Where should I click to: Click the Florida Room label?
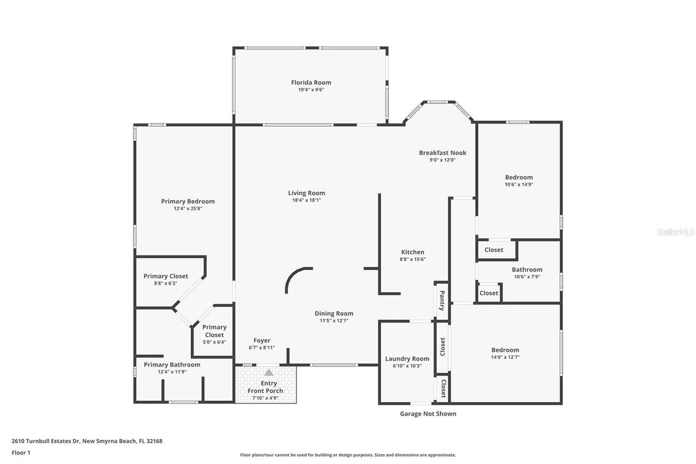pos(311,83)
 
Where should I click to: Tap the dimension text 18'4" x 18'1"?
pos(307,200)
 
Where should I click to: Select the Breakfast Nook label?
pos(443,153)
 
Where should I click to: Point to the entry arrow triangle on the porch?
pos(269,373)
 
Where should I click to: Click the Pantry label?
pos(442,300)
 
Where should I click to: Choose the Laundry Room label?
pos(407,358)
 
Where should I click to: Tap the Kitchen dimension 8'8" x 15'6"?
pos(413,259)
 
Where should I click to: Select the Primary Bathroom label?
pos(172,364)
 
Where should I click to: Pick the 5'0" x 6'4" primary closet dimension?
pos(214,342)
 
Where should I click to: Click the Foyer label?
pos(262,341)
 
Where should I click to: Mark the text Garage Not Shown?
pos(428,414)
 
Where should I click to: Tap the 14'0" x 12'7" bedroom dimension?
pos(505,357)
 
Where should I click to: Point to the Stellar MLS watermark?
pos(675,232)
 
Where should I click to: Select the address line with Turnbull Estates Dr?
pos(87,441)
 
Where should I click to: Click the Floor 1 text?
pos(21,453)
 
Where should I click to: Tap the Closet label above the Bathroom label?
pos(494,250)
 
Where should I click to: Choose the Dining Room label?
pos(334,313)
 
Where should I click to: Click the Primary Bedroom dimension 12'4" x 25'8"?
pos(188,208)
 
